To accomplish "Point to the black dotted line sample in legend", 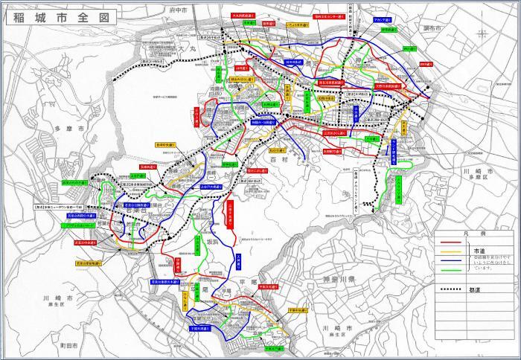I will (x=450, y=289).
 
